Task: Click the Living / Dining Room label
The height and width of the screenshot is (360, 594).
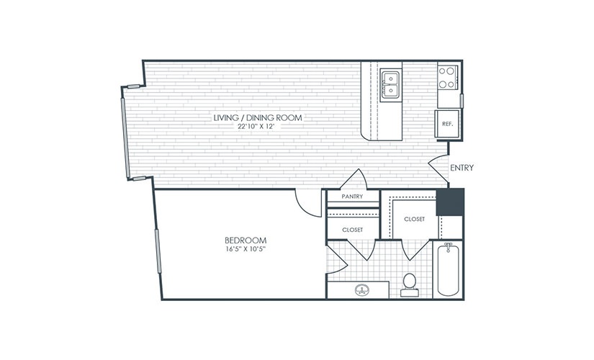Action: click(258, 117)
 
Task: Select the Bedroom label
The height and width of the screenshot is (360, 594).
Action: click(246, 240)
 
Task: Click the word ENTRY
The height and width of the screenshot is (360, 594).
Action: click(462, 168)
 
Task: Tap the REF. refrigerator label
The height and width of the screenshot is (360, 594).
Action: click(447, 124)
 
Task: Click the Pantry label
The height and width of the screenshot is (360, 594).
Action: click(352, 197)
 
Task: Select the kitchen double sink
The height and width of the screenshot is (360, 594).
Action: click(390, 84)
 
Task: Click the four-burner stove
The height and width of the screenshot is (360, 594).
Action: click(447, 78)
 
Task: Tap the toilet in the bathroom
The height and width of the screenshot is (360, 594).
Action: click(410, 285)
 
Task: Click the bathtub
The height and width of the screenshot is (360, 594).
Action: click(448, 269)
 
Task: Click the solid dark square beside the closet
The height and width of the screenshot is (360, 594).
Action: click(450, 202)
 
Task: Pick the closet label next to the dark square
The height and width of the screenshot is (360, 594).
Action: click(415, 219)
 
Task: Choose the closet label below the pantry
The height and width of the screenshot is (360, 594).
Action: click(352, 230)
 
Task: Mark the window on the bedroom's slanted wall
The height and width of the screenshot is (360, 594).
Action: click(158, 251)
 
